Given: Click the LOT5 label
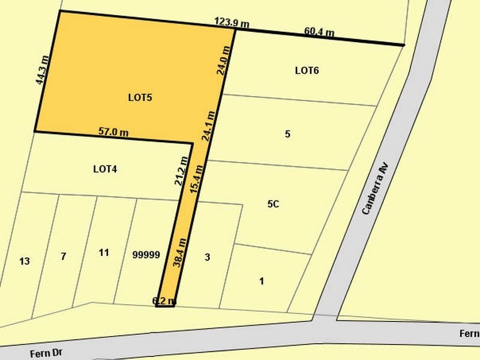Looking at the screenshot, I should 140,97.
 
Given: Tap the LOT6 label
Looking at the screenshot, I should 307,71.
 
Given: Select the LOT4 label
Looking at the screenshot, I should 105,169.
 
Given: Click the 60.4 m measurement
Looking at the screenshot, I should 319,31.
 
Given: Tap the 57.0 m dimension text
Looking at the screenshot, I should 113,131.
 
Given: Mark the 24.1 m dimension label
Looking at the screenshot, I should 209,125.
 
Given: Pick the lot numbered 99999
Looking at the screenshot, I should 146,255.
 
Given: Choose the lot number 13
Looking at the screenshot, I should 25,261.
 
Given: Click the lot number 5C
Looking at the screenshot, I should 273,204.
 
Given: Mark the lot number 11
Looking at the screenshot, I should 104,253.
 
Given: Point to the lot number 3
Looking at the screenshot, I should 207,258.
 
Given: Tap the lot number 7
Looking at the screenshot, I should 63,257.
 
